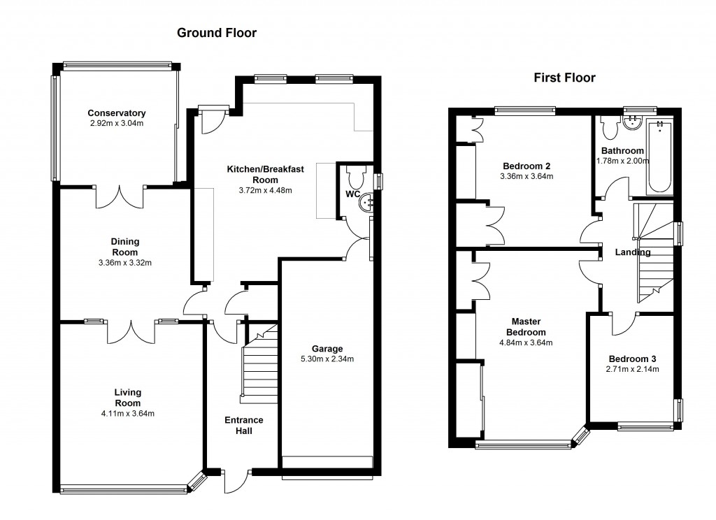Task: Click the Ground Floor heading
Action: tap(217, 33)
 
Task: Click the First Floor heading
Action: tap(565, 78)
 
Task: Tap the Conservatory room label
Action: tap(117, 113)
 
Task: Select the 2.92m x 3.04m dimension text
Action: tap(117, 123)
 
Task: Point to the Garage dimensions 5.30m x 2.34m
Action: tap(327, 359)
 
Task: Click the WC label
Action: tap(352, 194)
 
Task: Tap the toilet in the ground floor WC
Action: tap(356, 175)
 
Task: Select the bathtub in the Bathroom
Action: tap(660, 156)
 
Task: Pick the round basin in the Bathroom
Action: tap(632, 122)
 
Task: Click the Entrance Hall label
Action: tap(244, 426)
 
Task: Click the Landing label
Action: tap(632, 252)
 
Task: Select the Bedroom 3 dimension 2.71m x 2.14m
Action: tap(632, 369)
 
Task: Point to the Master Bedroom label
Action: tap(526, 327)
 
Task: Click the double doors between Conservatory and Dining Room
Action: tap(120, 197)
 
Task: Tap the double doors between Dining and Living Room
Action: tap(131, 332)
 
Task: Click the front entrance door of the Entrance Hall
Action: tap(236, 481)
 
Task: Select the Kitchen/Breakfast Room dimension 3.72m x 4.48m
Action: tap(265, 190)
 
